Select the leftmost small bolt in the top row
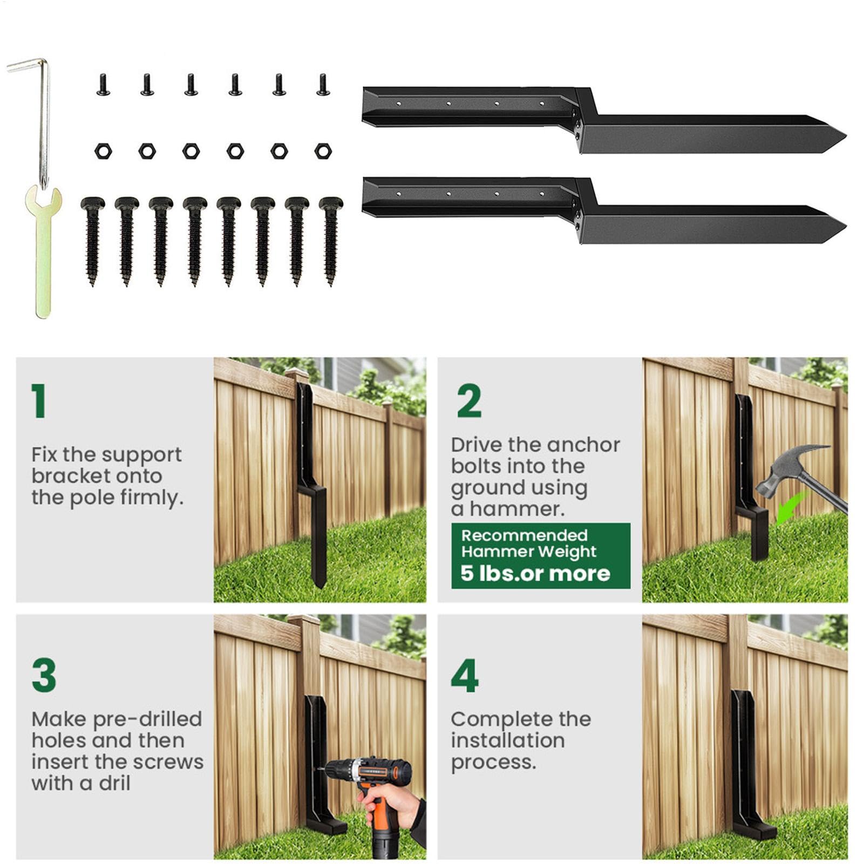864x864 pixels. coord(103,85)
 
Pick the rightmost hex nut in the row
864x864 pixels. coord(323,151)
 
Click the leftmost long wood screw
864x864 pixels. coord(92,241)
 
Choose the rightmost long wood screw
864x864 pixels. coord(331,241)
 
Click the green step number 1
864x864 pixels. coord(38,401)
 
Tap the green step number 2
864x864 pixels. coord(469,401)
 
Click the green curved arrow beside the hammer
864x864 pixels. coord(791,508)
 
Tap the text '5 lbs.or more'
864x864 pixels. coord(535,573)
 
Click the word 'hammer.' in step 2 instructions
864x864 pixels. coord(517,508)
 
